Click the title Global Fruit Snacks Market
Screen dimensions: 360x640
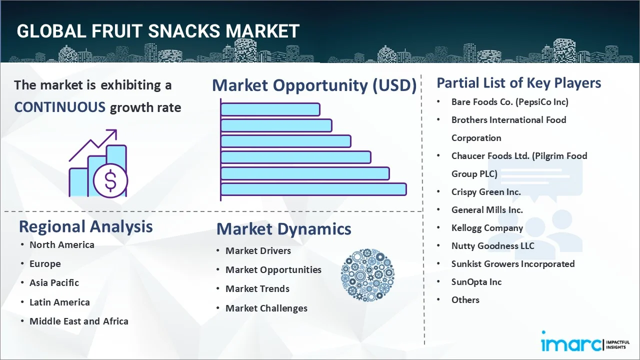[158, 31]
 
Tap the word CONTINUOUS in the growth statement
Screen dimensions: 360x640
[59, 107]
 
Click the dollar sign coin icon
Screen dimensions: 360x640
[110, 181]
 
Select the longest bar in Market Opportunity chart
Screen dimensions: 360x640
[313, 189]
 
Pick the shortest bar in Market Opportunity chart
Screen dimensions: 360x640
[270, 109]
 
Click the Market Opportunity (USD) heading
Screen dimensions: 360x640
[314, 85]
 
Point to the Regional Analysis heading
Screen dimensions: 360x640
[85, 226]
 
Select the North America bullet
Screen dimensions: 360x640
[61, 244]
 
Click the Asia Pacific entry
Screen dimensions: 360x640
[54, 282]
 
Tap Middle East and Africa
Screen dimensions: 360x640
[78, 321]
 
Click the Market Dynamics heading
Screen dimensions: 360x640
[283, 229]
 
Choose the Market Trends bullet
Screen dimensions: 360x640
[257, 288]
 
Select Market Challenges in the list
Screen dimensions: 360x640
[266, 308]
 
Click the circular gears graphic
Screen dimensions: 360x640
[367, 275]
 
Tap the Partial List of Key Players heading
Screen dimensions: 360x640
[518, 82]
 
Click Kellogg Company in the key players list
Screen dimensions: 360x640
[487, 227]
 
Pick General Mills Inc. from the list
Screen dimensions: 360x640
[487, 209]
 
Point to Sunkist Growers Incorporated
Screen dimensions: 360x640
[512, 263]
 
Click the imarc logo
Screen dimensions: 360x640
[570, 344]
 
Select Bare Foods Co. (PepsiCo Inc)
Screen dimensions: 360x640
[509, 101]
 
